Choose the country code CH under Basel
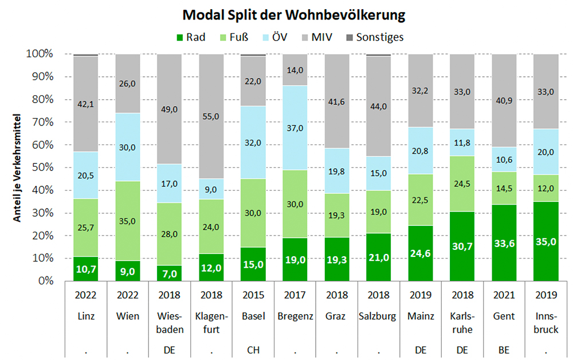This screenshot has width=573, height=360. [253, 349]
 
